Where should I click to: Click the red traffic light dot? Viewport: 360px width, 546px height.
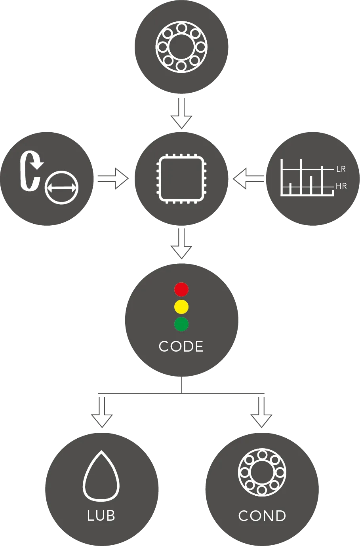[181, 289]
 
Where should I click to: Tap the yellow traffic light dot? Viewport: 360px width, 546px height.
[181, 307]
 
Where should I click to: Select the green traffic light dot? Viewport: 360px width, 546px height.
[181, 324]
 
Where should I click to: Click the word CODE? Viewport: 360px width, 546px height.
[181, 346]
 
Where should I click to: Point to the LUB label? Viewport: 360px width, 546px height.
[101, 516]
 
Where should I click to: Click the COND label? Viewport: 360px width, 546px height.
[262, 516]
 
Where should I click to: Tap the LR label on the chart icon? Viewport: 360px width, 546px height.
[341, 169]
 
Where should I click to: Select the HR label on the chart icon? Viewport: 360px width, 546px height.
[341, 186]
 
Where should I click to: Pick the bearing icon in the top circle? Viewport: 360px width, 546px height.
[181, 47]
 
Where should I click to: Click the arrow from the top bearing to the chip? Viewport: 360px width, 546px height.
[181, 113]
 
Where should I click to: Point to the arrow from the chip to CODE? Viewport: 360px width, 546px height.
[181, 244]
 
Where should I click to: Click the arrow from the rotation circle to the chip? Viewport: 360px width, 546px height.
[113, 179]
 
